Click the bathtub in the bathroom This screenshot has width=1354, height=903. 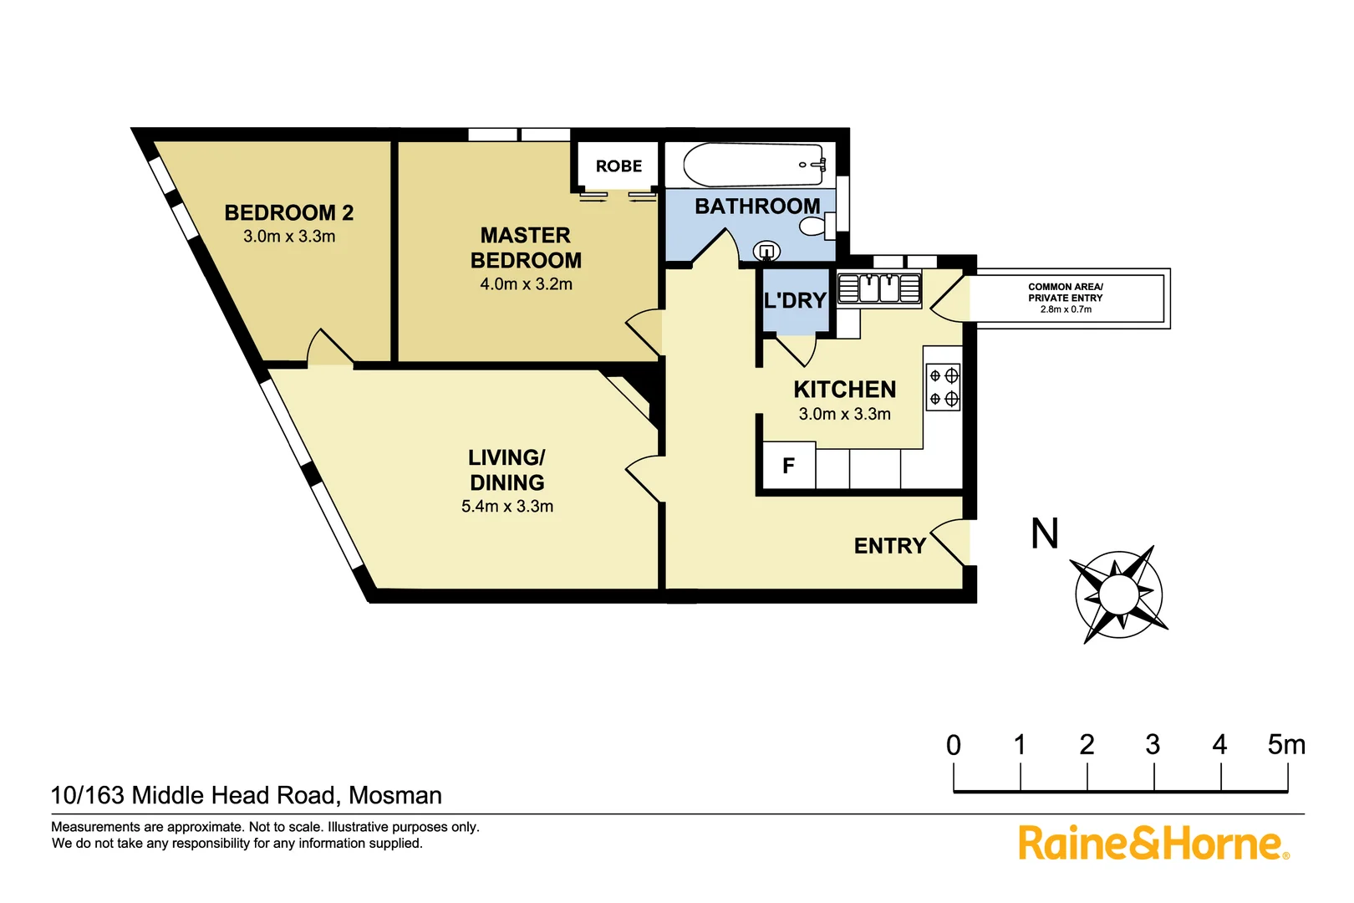[x=752, y=165]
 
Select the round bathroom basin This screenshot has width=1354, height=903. [x=766, y=251]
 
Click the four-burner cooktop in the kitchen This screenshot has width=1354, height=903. [x=944, y=387]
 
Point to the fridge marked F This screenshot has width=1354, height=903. [x=788, y=466]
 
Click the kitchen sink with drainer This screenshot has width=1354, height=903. [x=878, y=288]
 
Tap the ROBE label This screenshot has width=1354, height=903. [x=618, y=166]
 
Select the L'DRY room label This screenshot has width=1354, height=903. [x=795, y=301]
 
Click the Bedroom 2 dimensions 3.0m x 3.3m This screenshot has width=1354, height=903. [x=289, y=237]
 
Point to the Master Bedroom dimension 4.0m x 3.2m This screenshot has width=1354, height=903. [x=526, y=284]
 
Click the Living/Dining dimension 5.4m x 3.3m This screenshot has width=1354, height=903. [x=507, y=507]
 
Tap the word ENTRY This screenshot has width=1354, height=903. [x=889, y=546]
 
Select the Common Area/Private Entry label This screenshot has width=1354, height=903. [x=1065, y=298]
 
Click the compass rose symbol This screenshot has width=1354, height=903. [x=1119, y=594]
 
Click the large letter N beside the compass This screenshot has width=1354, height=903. [x=1045, y=533]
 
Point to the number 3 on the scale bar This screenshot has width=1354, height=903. [x=1153, y=744]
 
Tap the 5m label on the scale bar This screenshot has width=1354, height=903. [x=1285, y=744]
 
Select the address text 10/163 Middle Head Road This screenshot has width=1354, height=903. [x=246, y=795]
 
